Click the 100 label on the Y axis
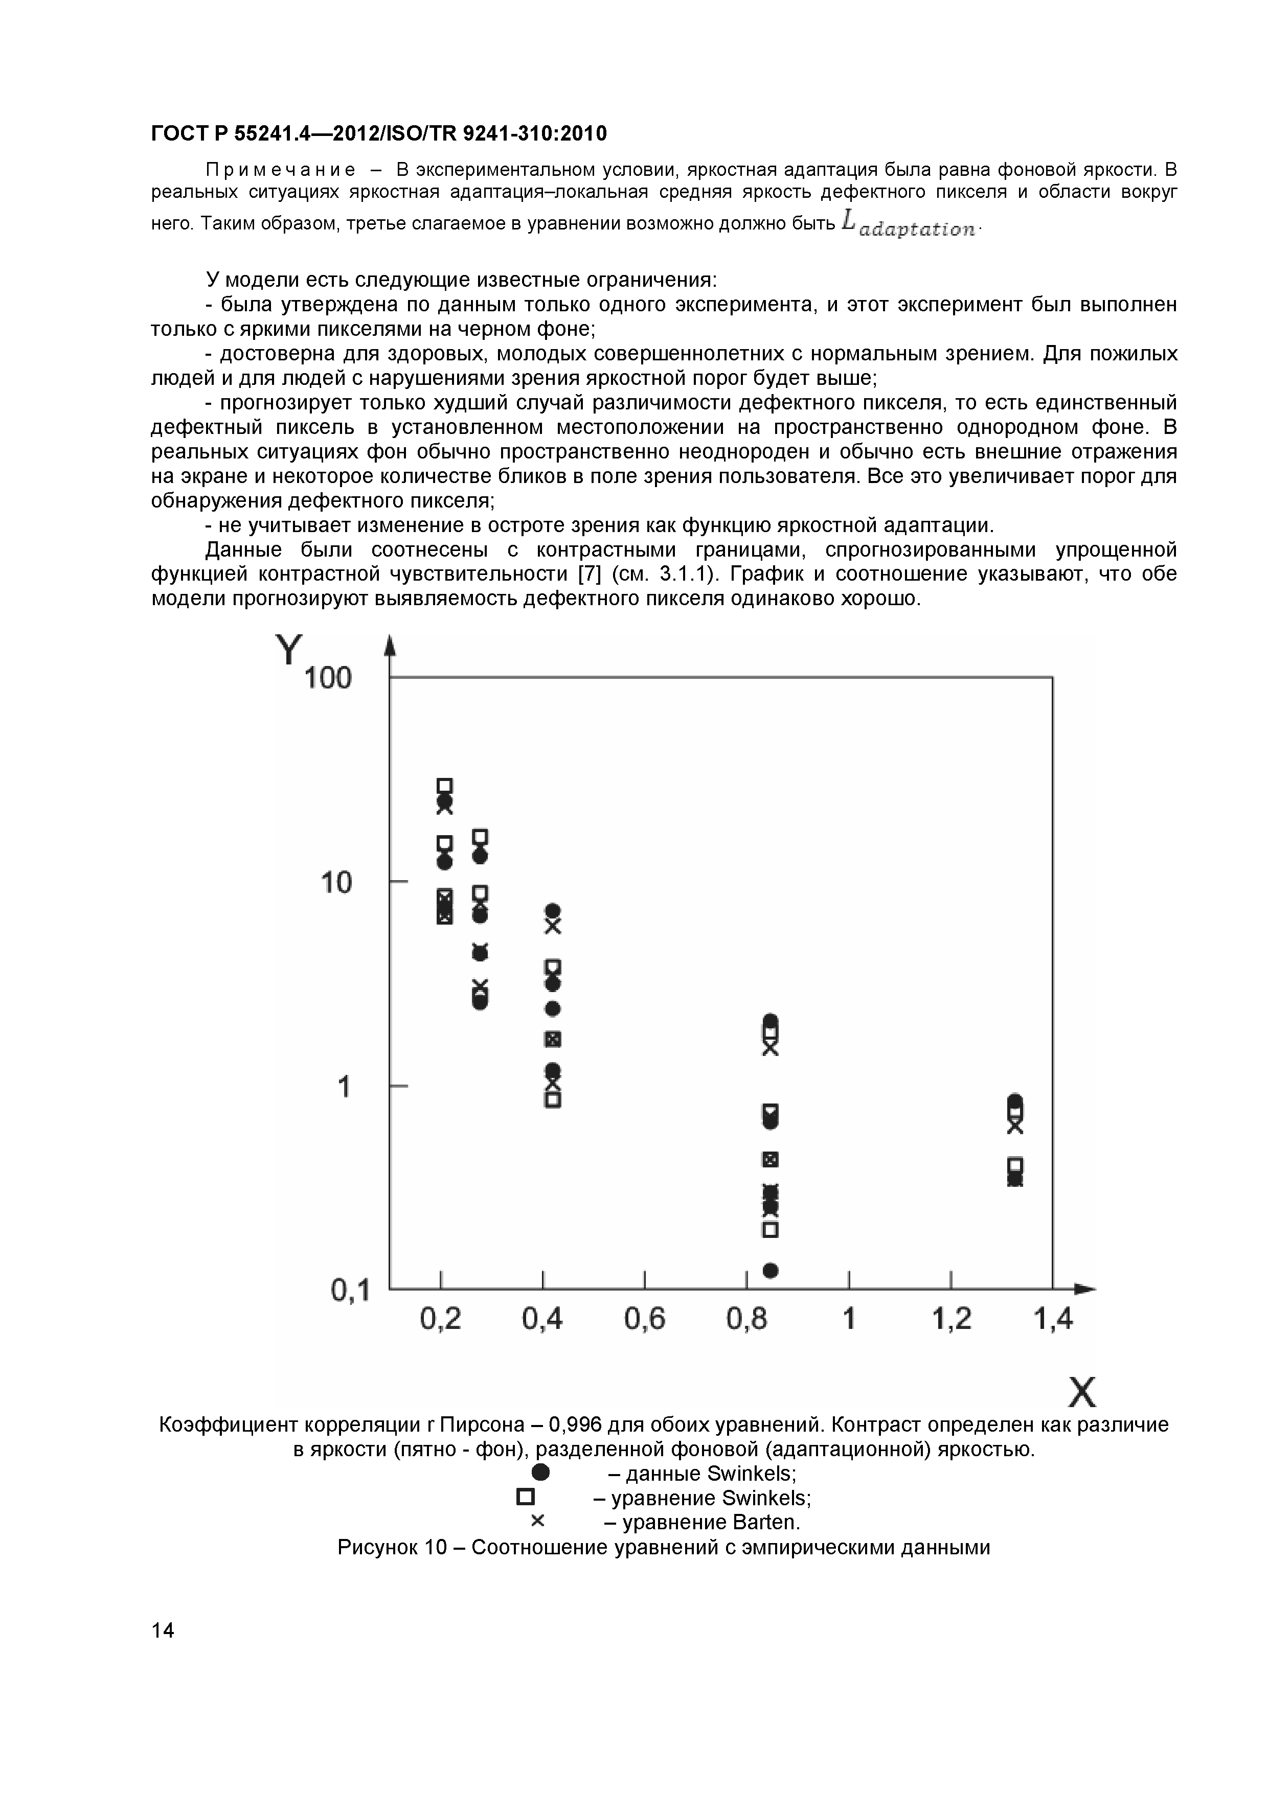328,677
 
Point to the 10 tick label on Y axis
337,882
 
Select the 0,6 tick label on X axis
645,1319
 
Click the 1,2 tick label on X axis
952,1319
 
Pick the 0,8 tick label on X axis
747,1319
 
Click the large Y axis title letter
290,651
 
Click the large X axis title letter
1082,1392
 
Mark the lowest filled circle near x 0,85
771,1271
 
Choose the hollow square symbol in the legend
526,1497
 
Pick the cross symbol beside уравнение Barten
537,1521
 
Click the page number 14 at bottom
163,1630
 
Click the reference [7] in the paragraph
588,574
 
